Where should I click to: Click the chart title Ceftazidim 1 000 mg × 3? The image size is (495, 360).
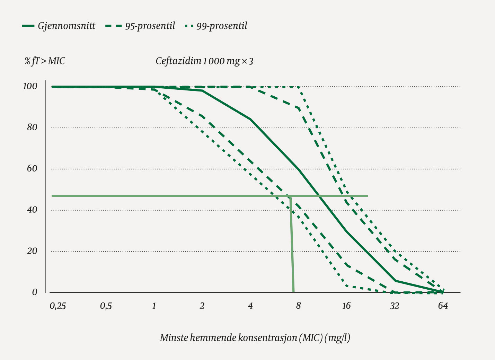[x=204, y=61]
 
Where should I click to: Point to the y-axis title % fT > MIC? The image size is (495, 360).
[x=45, y=61]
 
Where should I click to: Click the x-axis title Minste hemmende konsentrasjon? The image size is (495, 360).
[x=255, y=337]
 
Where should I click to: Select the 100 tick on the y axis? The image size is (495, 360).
[x=30, y=86]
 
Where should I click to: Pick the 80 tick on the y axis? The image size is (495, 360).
[x=32, y=128]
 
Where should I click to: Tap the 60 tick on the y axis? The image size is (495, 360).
[x=32, y=169]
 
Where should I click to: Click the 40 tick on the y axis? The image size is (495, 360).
[x=32, y=210]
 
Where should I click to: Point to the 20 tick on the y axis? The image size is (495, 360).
[x=32, y=251]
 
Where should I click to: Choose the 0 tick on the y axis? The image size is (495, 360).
[x=35, y=292]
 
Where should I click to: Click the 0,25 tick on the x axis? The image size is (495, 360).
[x=58, y=306]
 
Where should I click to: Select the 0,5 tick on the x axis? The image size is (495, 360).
[x=106, y=306]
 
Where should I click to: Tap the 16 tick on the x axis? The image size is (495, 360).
[x=346, y=306]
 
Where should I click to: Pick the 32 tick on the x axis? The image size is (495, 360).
[x=395, y=306]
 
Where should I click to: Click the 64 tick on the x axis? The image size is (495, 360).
[x=443, y=306]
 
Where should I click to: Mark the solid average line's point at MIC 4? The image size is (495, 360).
[x=250, y=119]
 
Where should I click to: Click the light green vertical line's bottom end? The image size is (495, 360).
[x=293, y=291]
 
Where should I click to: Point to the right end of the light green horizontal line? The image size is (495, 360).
[x=368, y=196]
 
